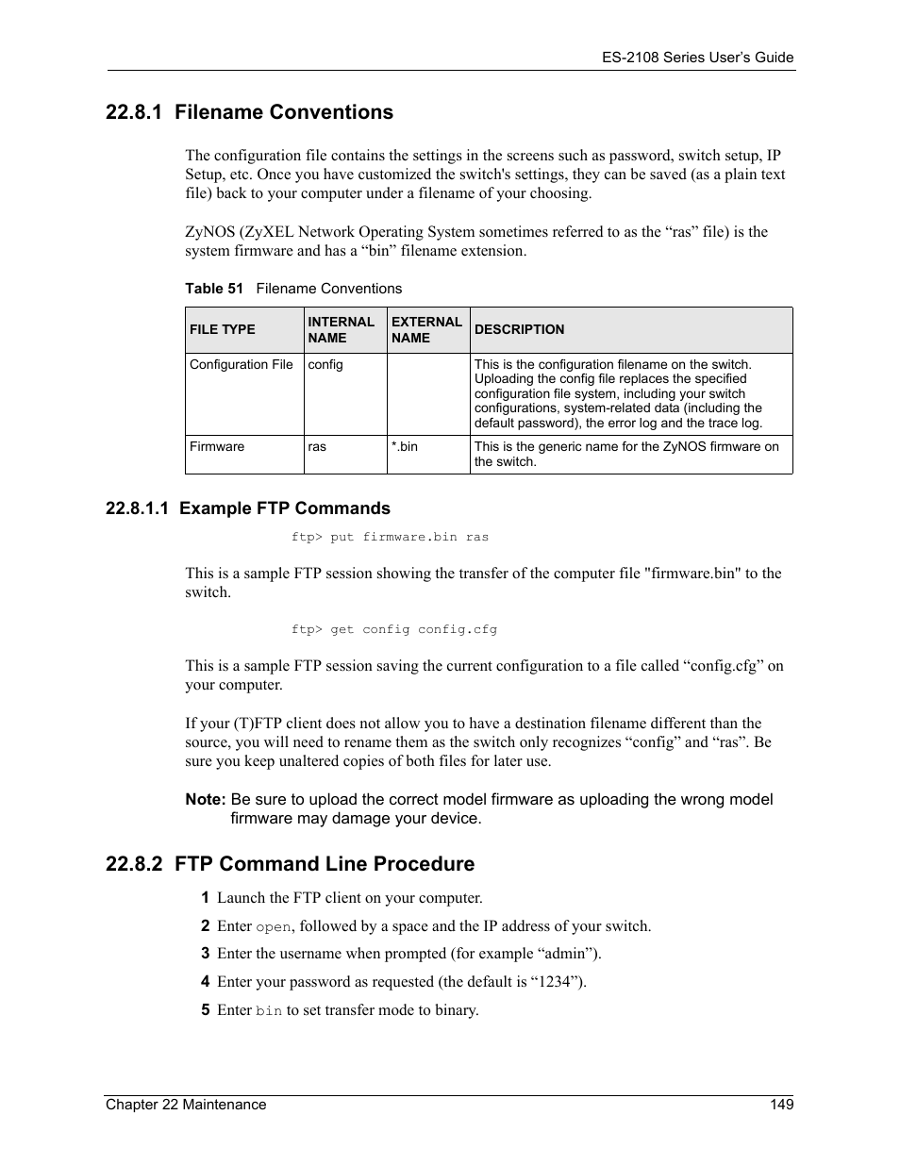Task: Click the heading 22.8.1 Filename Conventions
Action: click(249, 112)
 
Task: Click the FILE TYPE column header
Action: click(223, 329)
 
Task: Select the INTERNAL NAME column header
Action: click(341, 329)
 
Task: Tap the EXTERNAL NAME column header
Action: click(425, 329)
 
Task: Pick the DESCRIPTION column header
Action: click(519, 329)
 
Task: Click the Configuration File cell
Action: click(242, 364)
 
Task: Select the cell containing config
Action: click(325, 364)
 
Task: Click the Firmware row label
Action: click(217, 446)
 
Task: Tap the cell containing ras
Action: click(317, 446)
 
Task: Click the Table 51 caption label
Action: click(214, 289)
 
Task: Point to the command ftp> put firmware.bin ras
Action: click(390, 537)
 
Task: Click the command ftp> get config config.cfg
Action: click(393, 629)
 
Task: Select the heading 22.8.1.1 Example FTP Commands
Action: click(247, 508)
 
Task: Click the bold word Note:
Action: click(205, 799)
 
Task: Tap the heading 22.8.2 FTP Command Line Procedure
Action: click(290, 864)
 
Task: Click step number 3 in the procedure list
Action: click(205, 954)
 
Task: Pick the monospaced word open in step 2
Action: click(274, 927)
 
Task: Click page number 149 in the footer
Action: click(781, 1104)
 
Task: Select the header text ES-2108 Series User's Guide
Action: click(697, 58)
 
